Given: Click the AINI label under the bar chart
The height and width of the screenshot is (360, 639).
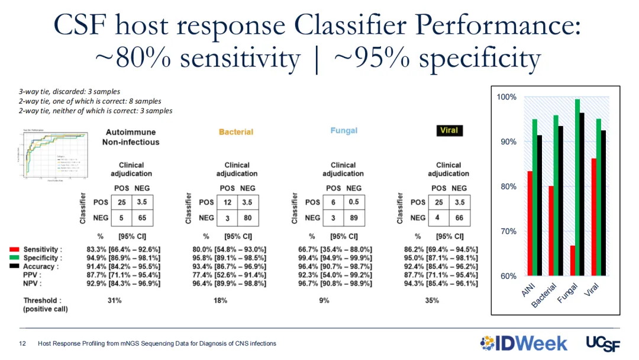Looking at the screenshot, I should (528, 290).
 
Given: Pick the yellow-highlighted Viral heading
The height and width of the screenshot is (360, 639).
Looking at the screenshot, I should (448, 130).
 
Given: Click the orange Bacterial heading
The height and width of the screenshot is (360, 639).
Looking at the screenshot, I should (236, 132).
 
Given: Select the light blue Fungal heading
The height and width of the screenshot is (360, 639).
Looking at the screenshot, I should (344, 130).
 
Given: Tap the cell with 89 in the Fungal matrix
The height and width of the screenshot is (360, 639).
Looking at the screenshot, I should (354, 217).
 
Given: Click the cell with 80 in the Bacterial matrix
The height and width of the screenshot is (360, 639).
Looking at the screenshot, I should (247, 217).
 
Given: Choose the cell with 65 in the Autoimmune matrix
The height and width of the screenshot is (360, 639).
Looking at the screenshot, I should (142, 217).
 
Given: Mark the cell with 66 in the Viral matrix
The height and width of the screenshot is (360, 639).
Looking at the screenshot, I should (459, 217).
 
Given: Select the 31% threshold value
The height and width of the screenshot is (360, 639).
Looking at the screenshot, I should (115, 301).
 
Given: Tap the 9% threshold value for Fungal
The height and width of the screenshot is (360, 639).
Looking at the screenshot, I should (324, 301).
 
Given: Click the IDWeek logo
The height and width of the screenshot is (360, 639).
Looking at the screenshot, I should (524, 343).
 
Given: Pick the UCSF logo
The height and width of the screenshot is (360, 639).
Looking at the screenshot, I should (602, 343).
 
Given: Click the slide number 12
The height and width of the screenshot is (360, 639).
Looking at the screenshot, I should (22, 343).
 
